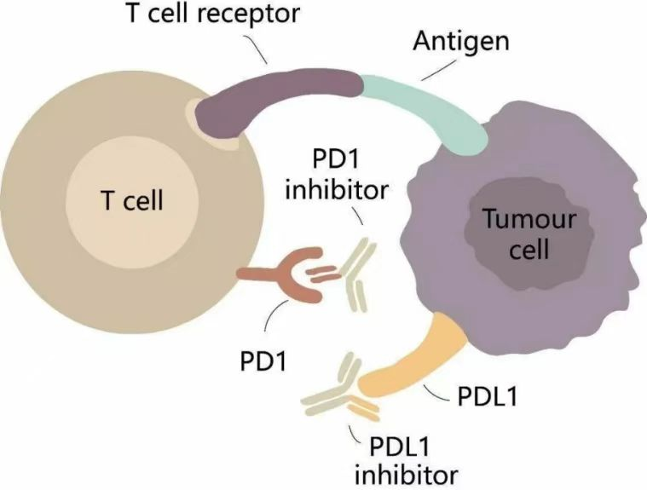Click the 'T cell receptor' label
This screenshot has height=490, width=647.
click(213, 13)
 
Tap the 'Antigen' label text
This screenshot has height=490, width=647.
click(461, 43)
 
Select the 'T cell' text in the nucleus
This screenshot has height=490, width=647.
click(132, 200)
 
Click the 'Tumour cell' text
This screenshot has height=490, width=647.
click(529, 233)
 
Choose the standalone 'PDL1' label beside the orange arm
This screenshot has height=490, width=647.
click(488, 396)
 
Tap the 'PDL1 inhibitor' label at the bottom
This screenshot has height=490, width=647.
click(407, 460)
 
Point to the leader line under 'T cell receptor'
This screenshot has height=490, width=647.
click(256, 49)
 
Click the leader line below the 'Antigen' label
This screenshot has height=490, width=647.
click(439, 70)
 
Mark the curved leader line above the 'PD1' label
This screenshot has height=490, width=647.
click(274, 314)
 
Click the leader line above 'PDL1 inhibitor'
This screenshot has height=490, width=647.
click(353, 433)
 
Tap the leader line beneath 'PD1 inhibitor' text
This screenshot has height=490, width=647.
click(357, 215)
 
